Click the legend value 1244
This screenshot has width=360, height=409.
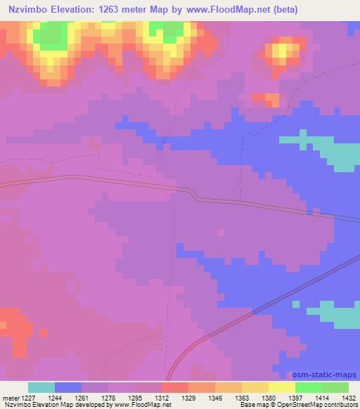pos(68,397)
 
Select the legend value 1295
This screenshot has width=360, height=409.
pos(148,397)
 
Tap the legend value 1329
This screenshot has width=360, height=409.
pos(202,397)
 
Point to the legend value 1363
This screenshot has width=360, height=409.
pos(255,397)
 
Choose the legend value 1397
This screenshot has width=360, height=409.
pos(309,397)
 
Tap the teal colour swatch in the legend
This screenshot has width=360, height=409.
pos(41,387)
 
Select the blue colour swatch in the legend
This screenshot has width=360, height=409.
pos(68,387)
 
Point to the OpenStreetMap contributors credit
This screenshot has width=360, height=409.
pos(322,405)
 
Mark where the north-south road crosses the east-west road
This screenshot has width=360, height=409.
pos(170,187)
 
